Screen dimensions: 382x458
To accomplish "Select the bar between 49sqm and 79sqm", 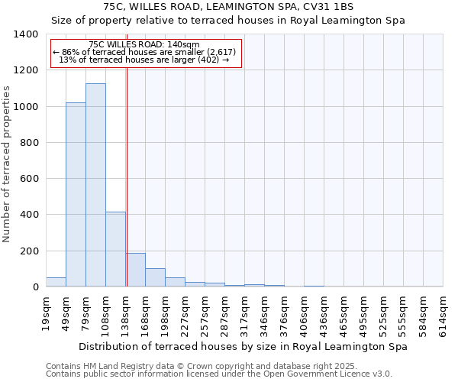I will click(76, 195).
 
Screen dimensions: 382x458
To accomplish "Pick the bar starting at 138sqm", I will click(136, 270).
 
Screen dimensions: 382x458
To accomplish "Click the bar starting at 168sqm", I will click(155, 277).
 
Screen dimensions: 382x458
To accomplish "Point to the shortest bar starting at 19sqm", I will click(56, 282).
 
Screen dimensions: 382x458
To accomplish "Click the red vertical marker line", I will click(127, 176).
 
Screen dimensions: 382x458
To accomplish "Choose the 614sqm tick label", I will click(443, 313).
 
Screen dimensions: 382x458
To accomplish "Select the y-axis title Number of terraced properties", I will click(7, 163).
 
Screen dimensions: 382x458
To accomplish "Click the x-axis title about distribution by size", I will click(243, 346).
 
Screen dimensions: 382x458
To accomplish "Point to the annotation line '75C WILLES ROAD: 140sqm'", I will click(144, 44).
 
